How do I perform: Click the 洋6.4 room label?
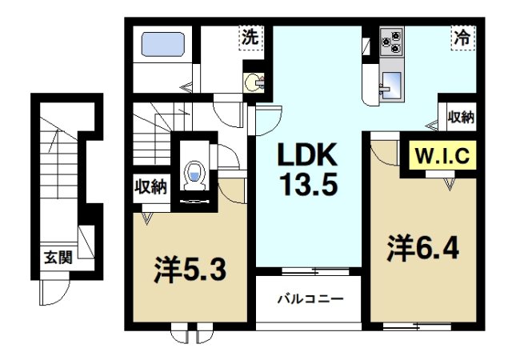point(424,248)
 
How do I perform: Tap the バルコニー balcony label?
point(310,300)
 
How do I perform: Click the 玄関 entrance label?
point(58,258)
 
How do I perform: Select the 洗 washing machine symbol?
point(250,37)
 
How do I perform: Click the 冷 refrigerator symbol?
point(462,37)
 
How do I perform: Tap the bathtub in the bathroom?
point(163,43)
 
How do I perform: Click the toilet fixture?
point(193,175)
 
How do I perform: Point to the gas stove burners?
point(392,40)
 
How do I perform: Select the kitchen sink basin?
point(392,81)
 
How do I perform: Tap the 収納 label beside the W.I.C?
point(460,117)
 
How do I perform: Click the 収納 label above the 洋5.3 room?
point(150,188)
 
